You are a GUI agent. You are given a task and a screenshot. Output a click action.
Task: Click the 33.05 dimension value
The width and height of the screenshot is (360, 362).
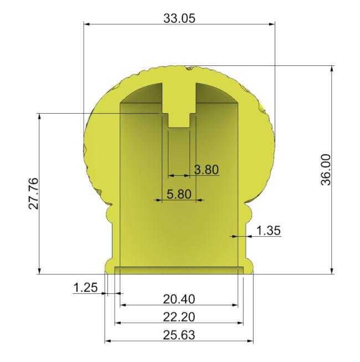179,18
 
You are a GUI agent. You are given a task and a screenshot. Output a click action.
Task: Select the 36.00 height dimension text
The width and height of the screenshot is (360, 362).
326,170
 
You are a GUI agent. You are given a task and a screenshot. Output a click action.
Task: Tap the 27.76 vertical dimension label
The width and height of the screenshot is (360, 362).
34,193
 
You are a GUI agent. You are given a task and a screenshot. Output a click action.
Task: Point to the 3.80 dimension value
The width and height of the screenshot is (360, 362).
206,170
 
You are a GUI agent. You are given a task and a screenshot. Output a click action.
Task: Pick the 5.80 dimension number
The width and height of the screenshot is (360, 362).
179,194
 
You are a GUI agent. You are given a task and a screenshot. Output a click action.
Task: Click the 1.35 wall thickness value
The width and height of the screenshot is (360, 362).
269,231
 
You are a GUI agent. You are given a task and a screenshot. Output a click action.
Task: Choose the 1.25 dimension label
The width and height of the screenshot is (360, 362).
85,288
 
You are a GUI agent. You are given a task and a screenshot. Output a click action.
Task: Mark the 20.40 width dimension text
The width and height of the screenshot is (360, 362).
179,299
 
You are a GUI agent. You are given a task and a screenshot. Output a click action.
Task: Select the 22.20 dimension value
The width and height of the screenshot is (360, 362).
179,317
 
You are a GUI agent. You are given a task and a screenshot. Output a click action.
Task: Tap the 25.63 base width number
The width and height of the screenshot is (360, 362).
179,335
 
